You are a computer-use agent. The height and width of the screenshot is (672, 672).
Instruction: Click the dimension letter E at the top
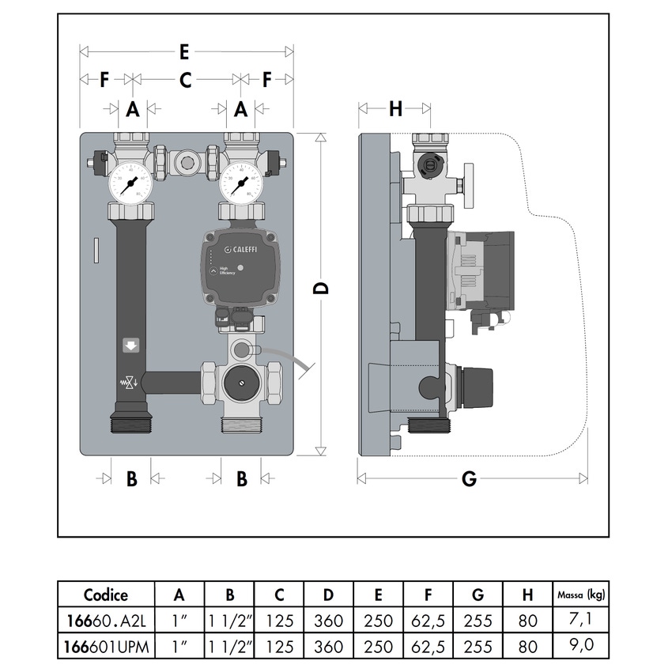pyautogui.click(x=184, y=52)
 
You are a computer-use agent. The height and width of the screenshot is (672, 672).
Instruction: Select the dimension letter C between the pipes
pyautogui.click(x=186, y=79)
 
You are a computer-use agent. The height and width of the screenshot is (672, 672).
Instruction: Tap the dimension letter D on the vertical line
pyautogui.click(x=321, y=289)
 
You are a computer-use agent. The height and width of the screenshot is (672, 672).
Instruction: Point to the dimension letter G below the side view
pyautogui.click(x=470, y=478)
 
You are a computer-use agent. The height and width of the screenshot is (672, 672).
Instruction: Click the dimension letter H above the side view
pyautogui.click(x=395, y=109)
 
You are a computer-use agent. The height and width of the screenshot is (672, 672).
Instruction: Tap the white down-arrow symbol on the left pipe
pyautogui.click(x=130, y=345)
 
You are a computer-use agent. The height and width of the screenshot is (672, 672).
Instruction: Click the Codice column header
pyautogui.click(x=105, y=595)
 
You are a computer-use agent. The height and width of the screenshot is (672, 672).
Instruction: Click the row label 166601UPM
pyautogui.click(x=105, y=646)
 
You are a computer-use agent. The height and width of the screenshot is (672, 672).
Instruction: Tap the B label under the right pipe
pyautogui.click(x=242, y=478)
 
